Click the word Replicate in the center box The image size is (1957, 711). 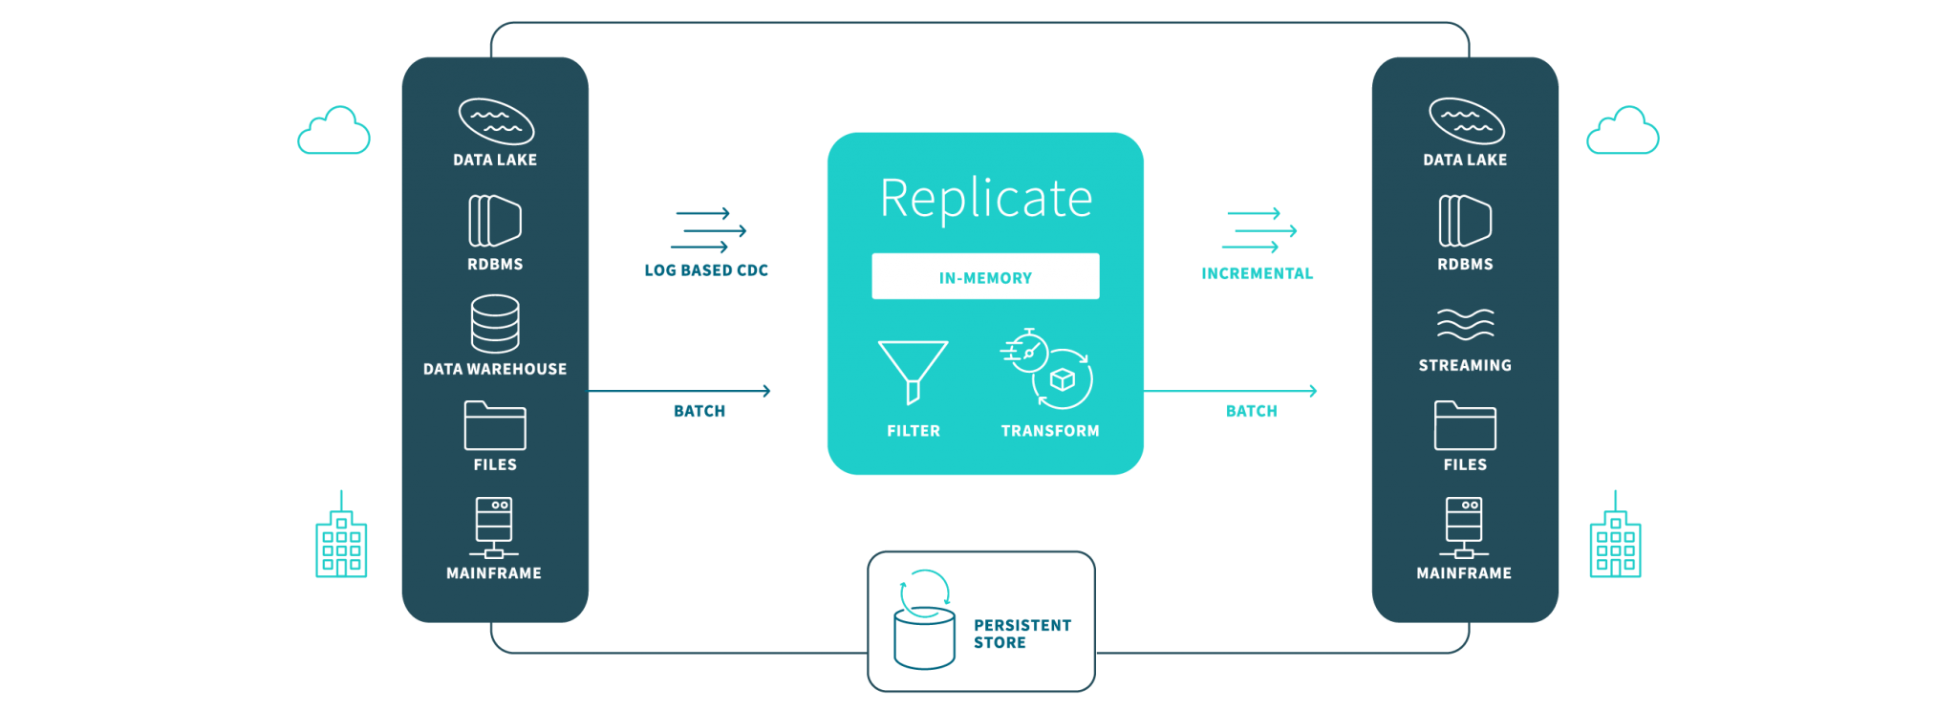coord(985,199)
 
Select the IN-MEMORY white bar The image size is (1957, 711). coord(985,276)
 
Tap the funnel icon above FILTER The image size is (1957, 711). coord(914,372)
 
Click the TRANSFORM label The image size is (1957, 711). coord(1050,431)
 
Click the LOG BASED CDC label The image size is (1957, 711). coord(706,270)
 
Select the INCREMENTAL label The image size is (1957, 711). coord(1258,273)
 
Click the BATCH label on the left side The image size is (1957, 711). coord(699,411)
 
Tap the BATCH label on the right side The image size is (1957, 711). coord(1252,411)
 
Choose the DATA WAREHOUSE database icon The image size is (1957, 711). coord(495,323)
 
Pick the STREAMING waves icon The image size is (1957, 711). coord(1465,324)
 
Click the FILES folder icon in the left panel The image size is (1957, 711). coord(495,425)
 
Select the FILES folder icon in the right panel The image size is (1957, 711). coord(1465,425)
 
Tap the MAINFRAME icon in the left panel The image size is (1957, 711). coord(494,528)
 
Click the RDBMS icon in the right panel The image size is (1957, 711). coord(1465,221)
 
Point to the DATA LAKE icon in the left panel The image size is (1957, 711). coord(496,121)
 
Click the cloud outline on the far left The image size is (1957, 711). coord(333,130)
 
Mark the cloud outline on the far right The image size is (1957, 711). coord(1623,130)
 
